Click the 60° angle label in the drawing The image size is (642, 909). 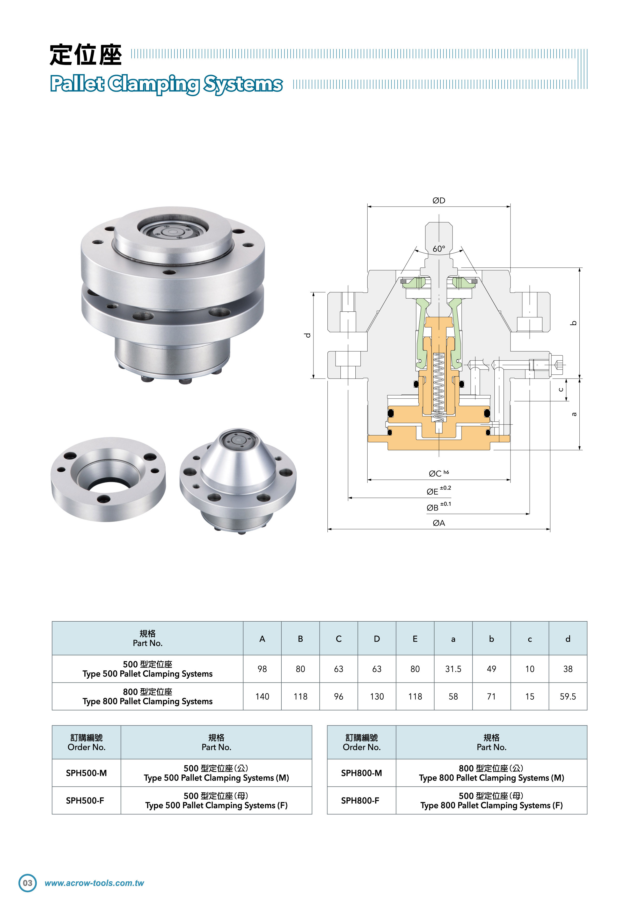439,249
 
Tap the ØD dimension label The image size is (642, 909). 439,201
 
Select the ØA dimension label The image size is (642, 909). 439,523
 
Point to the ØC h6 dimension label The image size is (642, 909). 439,473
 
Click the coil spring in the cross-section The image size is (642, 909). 439,386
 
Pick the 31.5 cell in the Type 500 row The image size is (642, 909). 453,669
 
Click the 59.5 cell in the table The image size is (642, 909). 568,697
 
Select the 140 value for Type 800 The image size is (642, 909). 262,697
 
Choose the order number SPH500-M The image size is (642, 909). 86,773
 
